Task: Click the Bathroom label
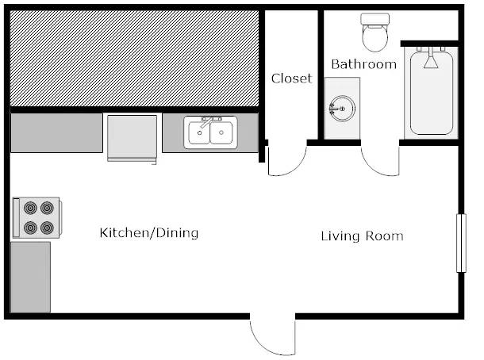pos(363,64)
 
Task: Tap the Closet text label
pos(292,79)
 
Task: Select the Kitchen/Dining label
pos(149,233)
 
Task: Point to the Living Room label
pos(362,236)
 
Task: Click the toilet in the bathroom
pos(375,32)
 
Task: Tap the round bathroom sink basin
pos(342,109)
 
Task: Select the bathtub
pos(431,93)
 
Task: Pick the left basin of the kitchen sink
pos(199,132)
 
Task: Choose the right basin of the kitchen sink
pos(221,132)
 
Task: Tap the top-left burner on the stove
pos(31,208)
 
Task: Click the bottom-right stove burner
pos(47,228)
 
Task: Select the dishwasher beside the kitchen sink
pos(133,139)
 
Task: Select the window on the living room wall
pos(461,243)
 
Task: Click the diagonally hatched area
pos(134,59)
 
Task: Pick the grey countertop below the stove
pos(30,278)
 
